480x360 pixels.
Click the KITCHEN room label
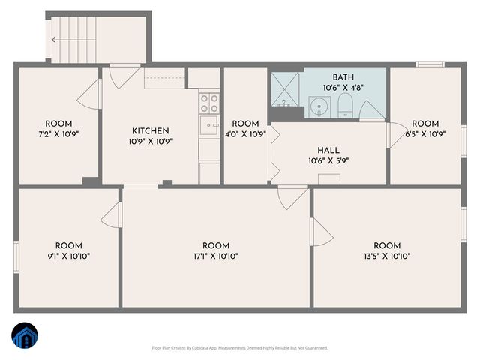(150, 130)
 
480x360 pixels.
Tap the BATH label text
(344, 77)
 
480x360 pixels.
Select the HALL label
(328, 149)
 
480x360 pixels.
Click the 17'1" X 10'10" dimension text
(216, 256)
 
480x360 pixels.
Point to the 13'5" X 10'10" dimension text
(387, 256)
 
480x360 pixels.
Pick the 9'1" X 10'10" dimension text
(68, 256)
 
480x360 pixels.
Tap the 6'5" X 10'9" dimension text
(424, 134)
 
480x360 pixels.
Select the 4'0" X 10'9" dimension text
(245, 134)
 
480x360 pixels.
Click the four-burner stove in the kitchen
(209, 101)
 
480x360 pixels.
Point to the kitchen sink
(209, 124)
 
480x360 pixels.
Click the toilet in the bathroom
(346, 105)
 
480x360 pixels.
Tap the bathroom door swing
(371, 111)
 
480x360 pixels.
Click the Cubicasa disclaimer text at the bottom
(240, 347)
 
